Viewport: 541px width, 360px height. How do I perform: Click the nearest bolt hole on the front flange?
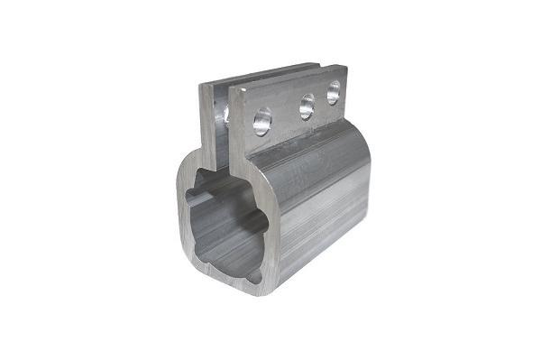261,120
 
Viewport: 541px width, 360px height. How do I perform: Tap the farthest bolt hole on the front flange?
334,91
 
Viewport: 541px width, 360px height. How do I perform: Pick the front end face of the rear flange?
206,126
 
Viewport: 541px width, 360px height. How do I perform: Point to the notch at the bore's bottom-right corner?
256,275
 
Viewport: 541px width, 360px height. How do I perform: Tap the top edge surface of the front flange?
289,77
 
